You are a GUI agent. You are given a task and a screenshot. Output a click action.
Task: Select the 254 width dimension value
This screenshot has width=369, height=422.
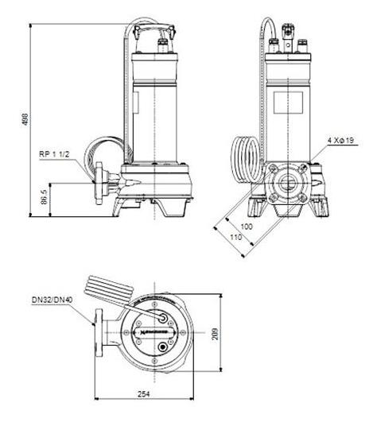point(143,395)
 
